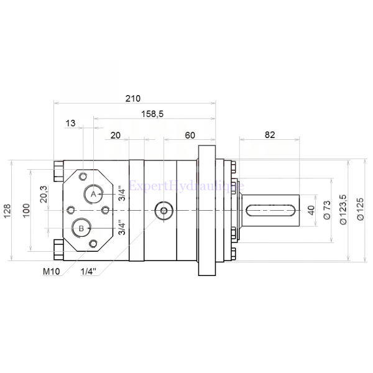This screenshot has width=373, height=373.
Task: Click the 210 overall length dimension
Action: (x=133, y=98)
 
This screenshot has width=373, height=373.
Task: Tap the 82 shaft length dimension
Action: (x=269, y=134)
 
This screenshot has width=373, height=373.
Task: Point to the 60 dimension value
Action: (x=190, y=135)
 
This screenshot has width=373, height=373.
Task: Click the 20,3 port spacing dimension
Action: (x=43, y=195)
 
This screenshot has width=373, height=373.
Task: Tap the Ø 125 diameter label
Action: (x=360, y=209)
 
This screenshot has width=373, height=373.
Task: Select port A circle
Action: (x=93, y=194)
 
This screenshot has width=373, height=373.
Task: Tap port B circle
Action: (x=81, y=228)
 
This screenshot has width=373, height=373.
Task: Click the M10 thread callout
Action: (x=51, y=272)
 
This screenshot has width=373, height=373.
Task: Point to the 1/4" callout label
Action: (x=90, y=272)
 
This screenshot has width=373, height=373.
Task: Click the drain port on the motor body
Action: (x=163, y=211)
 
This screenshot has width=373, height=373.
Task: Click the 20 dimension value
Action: (x=115, y=135)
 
